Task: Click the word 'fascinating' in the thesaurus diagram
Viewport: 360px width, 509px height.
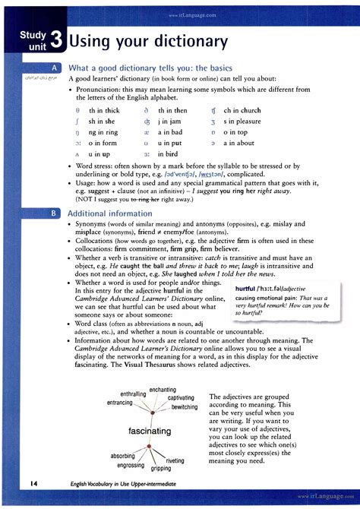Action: point(150,431)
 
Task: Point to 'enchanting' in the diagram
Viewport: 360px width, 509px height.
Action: point(163,390)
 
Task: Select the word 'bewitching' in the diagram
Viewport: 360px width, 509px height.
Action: point(185,407)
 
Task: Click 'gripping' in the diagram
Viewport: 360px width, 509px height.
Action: point(156,469)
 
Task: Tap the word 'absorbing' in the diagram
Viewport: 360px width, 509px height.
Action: point(123,456)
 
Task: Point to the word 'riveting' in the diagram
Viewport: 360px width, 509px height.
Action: point(175,460)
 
